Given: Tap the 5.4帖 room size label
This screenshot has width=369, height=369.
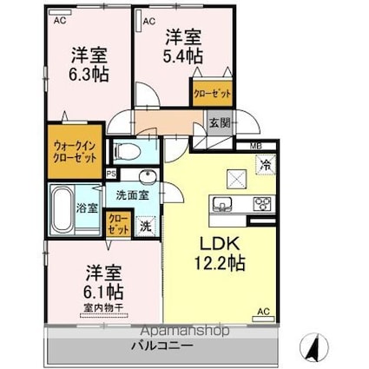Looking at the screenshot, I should click(x=184, y=47).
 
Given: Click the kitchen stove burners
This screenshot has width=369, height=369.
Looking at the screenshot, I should click(x=261, y=204).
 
